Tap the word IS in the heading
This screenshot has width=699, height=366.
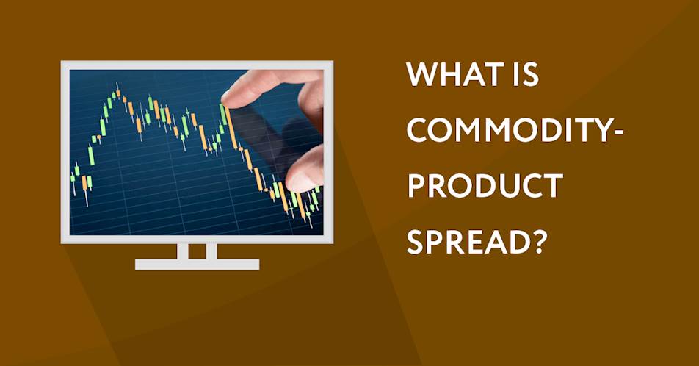tap(526, 75)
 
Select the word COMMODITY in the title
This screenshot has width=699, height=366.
tap(507, 130)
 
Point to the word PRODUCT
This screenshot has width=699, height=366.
tap(485, 186)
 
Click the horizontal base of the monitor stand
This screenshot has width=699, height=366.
tap(197, 265)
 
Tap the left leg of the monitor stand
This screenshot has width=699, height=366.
tap(182, 251)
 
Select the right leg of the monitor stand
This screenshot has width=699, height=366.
tap(211, 251)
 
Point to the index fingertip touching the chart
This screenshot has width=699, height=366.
tap(230, 99)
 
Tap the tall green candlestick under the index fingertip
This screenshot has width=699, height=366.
tap(222, 115)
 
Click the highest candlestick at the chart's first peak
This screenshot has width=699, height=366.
tap(117, 93)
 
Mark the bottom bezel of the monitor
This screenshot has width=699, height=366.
tap(197, 240)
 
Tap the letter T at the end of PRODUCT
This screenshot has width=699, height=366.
tap(553, 186)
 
